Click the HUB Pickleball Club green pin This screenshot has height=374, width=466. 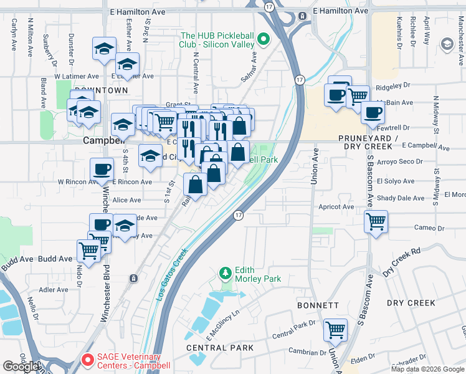click(x=264, y=40)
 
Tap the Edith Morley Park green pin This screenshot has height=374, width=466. click(x=226, y=274)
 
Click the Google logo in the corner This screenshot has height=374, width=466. click(x=21, y=367)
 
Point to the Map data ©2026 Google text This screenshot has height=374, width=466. click(x=427, y=369)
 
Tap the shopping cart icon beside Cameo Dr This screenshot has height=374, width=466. click(x=376, y=221)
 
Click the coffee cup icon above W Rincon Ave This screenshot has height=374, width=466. click(x=102, y=169)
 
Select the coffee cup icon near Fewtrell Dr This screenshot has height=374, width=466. click(x=373, y=113)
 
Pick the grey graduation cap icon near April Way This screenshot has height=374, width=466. click(x=447, y=44)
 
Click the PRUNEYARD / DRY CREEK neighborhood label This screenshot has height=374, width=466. click(x=365, y=141)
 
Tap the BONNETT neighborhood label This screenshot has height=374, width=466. click(x=318, y=305)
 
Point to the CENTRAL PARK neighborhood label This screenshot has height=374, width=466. click(x=220, y=347)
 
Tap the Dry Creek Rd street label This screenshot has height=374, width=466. click(x=402, y=262)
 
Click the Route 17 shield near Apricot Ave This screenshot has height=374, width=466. click(x=238, y=215)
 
